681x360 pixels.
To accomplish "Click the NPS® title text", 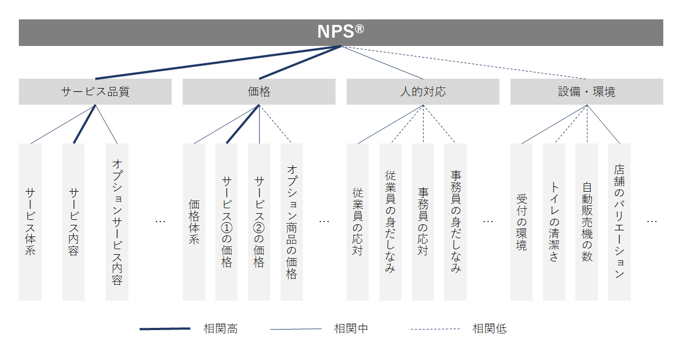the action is click(341, 32).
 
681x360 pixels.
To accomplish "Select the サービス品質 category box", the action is click(95, 91).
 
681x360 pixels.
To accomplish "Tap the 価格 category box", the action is click(259, 91).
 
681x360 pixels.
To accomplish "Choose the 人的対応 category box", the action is click(423, 91).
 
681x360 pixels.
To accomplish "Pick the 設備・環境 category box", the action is click(587, 91).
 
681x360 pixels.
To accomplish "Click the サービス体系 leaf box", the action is click(30, 222).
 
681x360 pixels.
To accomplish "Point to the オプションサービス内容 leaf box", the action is click(117, 222).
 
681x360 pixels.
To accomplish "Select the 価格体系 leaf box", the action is click(194, 222).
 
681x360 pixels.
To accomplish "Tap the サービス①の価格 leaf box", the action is click(226, 222).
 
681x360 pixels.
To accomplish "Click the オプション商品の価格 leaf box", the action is click(292, 222).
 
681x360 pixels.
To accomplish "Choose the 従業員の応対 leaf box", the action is click(358, 222).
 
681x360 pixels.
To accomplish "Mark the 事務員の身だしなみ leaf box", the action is click(456, 222).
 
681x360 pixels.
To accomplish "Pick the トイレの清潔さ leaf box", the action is click(554, 222).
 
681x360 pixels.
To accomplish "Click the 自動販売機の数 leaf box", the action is click(587, 222).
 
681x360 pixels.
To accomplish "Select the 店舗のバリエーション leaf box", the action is click(620, 222).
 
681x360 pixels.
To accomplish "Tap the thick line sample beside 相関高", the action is click(165, 328).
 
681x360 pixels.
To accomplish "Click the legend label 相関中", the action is click(351, 328).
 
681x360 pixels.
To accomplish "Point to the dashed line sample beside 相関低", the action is click(434, 329).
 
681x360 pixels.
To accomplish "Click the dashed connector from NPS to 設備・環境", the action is click(463, 63).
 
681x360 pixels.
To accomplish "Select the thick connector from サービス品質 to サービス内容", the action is click(85, 124).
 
